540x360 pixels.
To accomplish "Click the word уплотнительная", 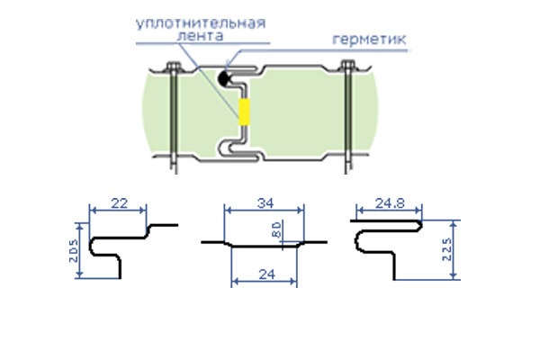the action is coord(201,23).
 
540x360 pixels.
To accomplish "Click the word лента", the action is coord(200,36).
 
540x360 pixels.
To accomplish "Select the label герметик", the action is coord(369,40).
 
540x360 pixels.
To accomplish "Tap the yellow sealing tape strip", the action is coord(244,112).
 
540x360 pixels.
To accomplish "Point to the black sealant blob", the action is coord(224,78).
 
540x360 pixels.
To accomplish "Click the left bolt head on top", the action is coord(174,67).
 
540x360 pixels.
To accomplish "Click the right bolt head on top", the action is coord(347,66).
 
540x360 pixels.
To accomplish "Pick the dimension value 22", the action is coord(119,203).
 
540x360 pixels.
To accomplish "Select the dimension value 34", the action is coord(265,203).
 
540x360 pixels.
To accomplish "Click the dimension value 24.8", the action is coord(390,203).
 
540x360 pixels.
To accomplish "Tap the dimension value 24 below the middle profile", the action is coord(267,274).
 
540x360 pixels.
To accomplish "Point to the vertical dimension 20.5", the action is coord(74,250).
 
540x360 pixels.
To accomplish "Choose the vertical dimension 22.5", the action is coord(446,249).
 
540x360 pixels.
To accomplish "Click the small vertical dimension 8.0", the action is coord(276,229).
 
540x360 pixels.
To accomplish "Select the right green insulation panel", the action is coord(313,110).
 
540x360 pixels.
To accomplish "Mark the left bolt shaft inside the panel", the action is coord(174,113).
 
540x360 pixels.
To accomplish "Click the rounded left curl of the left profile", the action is coord(92,246).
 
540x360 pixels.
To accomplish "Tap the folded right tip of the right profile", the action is coord(420,226).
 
